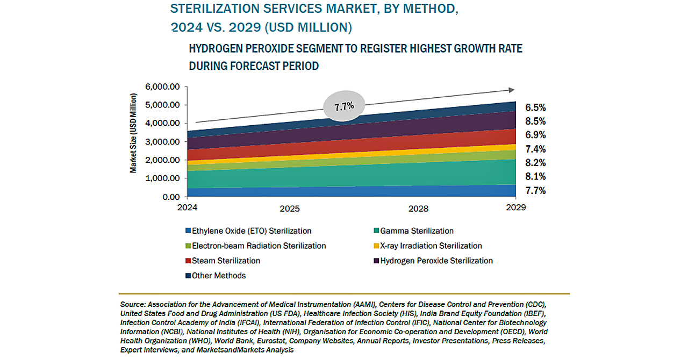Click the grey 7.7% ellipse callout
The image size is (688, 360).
tap(344, 106)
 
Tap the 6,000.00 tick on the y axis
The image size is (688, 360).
tap(162, 87)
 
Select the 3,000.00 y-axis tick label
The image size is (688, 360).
tap(162, 142)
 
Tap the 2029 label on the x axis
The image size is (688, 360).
tap(515, 207)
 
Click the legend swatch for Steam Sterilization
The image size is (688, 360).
tap(188, 261)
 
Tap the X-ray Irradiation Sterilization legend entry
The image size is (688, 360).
tap(431, 246)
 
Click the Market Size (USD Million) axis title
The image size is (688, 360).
tap(133, 133)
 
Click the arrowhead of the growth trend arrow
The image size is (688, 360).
tap(511, 90)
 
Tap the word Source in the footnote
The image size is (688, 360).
tap(132, 305)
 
